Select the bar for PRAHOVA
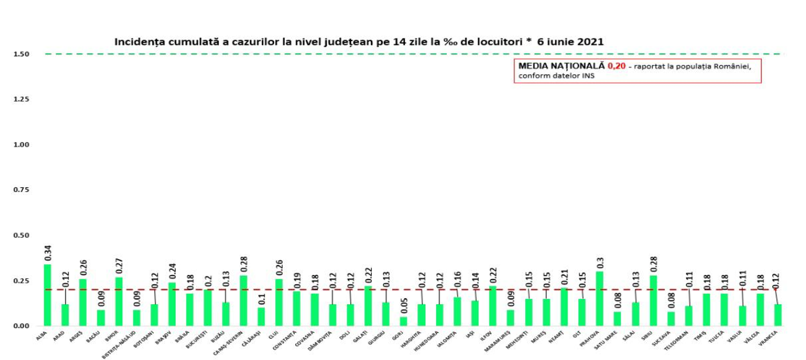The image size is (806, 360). pyautogui.click(x=599, y=298)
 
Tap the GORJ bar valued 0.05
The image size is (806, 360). pyautogui.click(x=404, y=321)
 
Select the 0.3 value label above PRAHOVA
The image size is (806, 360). pyautogui.click(x=600, y=263)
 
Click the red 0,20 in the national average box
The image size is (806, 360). pyautogui.click(x=616, y=66)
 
